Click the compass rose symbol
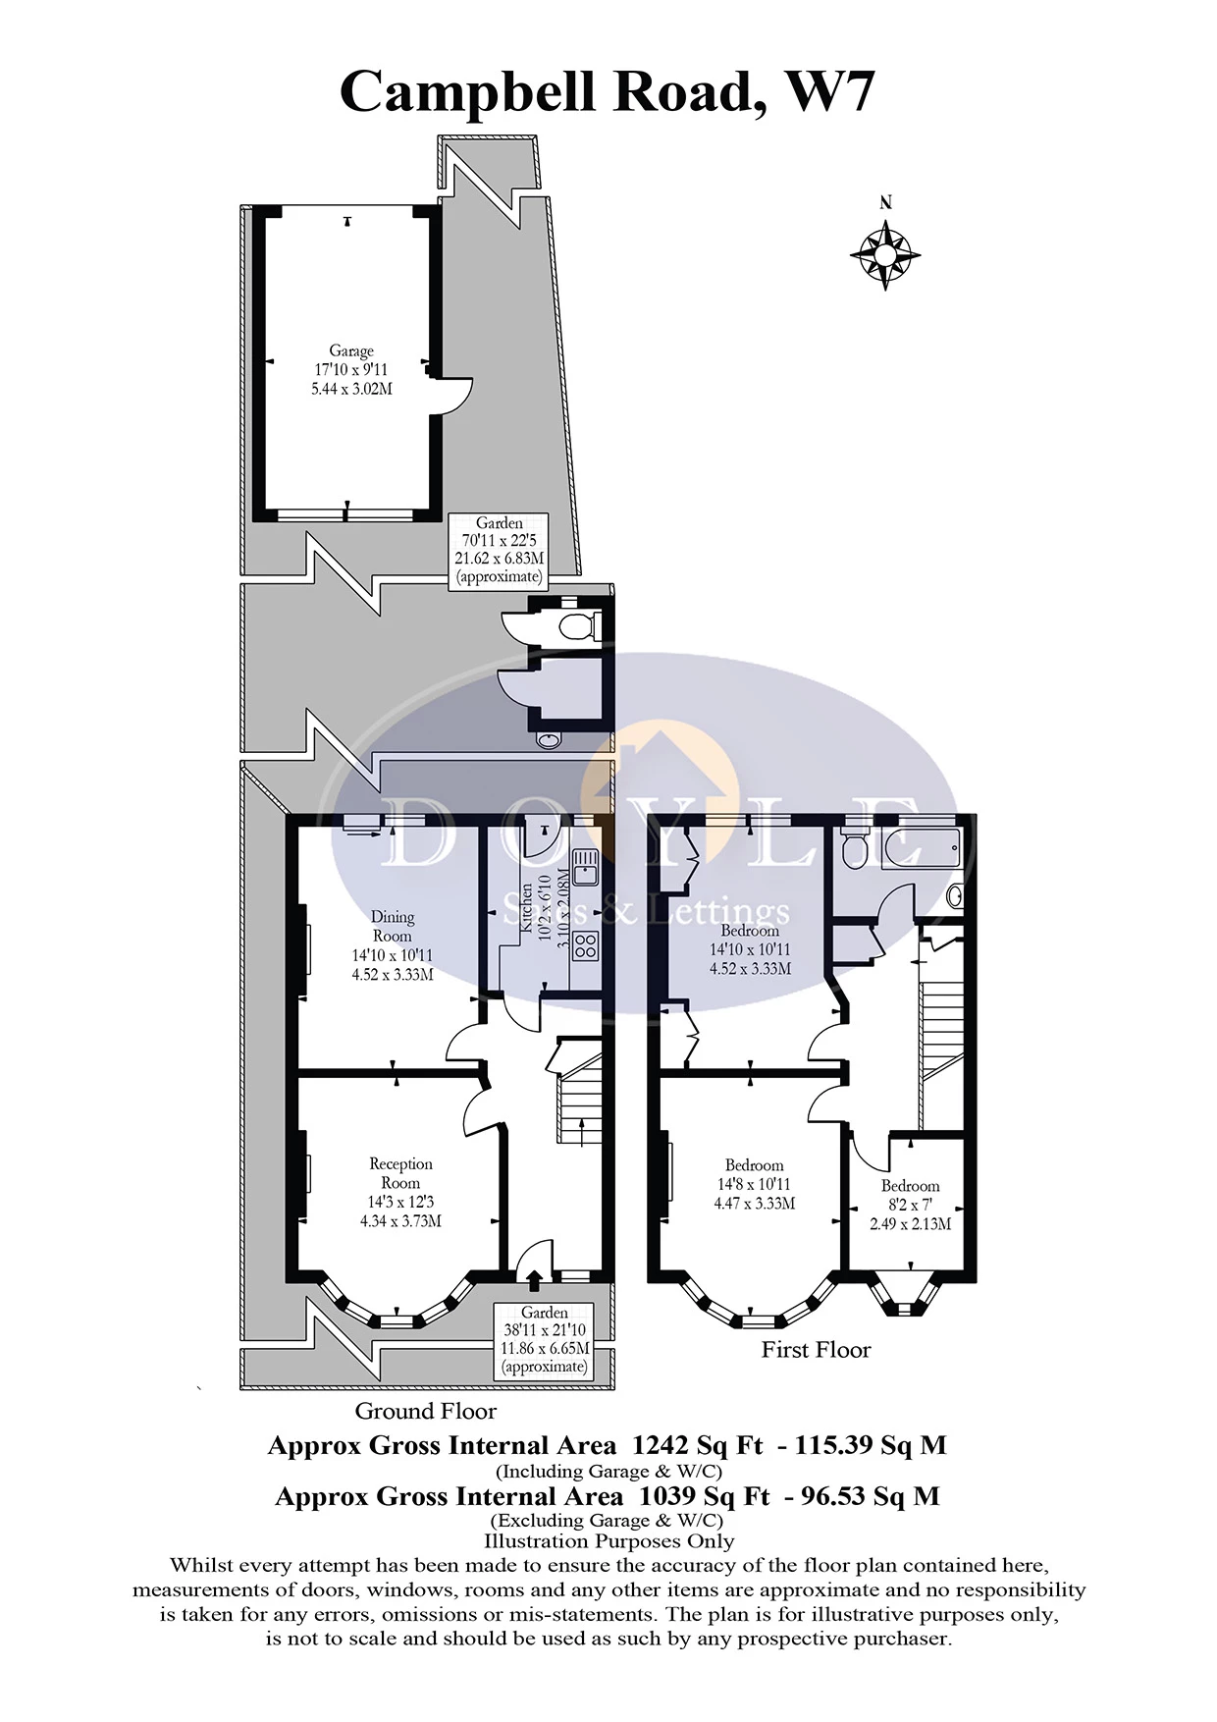coord(885,255)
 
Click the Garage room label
coord(351,369)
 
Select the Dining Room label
coord(393,944)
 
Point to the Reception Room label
coord(400,1192)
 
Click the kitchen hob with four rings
coord(585,945)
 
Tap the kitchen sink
coord(585,867)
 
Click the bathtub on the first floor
coord(920,847)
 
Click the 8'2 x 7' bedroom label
coord(910,1205)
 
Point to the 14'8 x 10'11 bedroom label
coord(754,1184)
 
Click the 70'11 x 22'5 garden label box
coord(499,550)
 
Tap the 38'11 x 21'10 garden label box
coord(545,1339)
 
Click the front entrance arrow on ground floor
coord(534,1279)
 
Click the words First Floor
coord(816,1350)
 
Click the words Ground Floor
coord(425,1411)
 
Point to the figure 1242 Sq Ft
coord(697,1445)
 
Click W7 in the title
coord(829,92)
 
